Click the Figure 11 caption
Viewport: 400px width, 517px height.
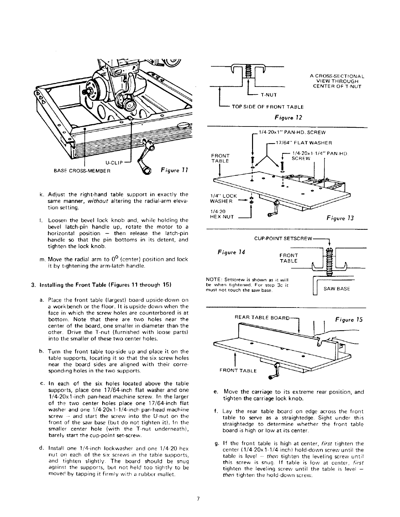[174, 170]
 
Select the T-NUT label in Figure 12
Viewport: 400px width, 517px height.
[269, 95]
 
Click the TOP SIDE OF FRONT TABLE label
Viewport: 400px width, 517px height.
[268, 107]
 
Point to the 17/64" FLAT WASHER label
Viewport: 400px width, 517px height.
[304, 142]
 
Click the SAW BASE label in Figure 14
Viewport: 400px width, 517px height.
[337, 289]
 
